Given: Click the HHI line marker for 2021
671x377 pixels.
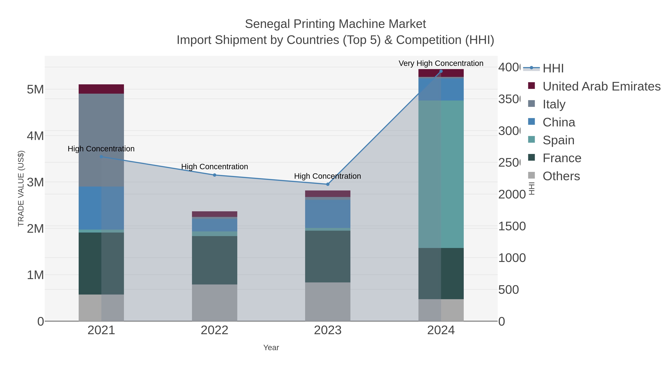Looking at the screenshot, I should tap(101, 157).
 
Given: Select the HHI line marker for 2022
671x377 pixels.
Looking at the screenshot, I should tap(215, 175).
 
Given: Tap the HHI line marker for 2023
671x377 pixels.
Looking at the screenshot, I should tap(328, 184).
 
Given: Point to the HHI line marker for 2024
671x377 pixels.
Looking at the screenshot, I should tap(441, 71).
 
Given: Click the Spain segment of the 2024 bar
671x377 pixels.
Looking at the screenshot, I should tap(441, 174).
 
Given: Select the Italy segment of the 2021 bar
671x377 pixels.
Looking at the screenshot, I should tap(101, 140).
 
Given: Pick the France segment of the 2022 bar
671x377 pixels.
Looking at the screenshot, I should tap(215, 260).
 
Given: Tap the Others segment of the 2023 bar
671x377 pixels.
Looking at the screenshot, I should tap(328, 302).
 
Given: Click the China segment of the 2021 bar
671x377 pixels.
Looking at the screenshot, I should tap(101, 208).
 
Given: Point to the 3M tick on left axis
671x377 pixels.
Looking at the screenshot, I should tap(35, 182).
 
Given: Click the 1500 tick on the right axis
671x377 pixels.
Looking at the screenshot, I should tap(512, 226).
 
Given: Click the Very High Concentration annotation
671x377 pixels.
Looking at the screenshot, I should tap(441, 63).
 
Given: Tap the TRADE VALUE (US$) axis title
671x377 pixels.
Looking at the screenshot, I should tap(21, 188).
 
